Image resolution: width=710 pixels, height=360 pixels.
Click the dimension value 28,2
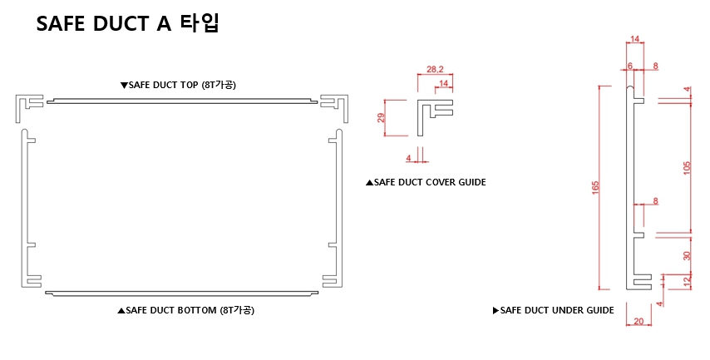434,70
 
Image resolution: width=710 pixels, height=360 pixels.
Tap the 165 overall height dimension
595,188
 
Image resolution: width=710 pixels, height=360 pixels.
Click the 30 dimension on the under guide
687,254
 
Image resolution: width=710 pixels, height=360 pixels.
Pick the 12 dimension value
687,283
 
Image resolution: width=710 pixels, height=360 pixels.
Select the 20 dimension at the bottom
637,320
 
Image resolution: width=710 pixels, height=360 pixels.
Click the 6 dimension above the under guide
629,65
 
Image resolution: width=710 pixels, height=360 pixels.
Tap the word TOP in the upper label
188,85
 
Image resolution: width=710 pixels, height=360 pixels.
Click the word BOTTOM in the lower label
195,310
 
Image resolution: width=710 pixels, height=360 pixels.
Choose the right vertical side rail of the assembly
338,208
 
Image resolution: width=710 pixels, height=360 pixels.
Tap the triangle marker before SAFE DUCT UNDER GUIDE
496,310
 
